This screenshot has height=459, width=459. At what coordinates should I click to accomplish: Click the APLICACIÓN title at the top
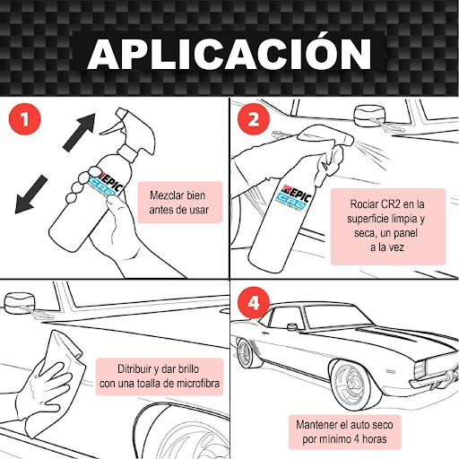[229, 54]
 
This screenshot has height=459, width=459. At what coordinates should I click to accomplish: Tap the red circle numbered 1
[25, 119]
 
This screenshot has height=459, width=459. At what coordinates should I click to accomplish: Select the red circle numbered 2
[254, 119]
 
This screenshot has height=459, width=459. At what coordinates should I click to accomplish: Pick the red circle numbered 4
[254, 302]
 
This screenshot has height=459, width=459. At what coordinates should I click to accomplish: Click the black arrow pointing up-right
[80, 132]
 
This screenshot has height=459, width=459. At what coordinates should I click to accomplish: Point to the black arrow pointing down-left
[30, 195]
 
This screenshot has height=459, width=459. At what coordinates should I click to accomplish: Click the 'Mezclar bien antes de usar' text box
[179, 203]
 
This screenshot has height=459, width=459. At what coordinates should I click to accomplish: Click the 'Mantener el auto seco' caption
[344, 425]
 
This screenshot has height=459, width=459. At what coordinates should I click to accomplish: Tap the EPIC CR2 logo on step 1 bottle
[106, 185]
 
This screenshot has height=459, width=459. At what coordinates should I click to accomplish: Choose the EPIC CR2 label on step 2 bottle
[295, 196]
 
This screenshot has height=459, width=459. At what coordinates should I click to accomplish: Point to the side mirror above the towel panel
[20, 303]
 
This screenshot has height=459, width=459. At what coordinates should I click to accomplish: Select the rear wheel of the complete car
[247, 353]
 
